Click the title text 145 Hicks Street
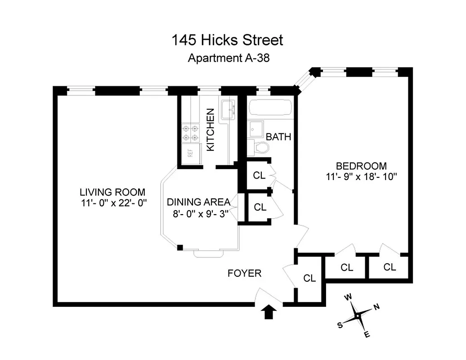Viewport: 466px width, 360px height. tap(227, 40)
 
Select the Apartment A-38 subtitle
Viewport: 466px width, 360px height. tap(229, 58)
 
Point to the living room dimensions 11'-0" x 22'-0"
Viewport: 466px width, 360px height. tap(112, 203)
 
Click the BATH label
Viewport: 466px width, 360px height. tap(278, 137)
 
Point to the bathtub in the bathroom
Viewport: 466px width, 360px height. tap(270, 108)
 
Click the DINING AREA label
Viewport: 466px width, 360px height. tap(198, 202)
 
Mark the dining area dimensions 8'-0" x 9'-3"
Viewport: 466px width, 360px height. tap(199, 214)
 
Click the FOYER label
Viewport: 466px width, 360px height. tap(244, 273)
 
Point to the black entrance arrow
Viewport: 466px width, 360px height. tap(269, 311)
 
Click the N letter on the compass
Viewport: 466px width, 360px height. tap(376, 307)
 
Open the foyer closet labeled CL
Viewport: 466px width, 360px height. tap(309, 278)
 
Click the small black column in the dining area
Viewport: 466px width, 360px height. tap(180, 247)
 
